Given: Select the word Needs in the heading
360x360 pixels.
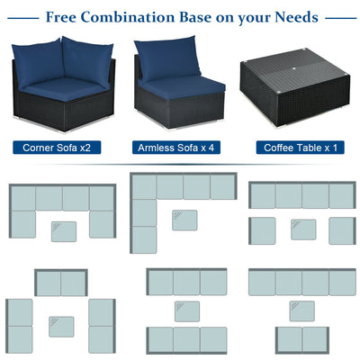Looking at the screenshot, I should pos(292,16).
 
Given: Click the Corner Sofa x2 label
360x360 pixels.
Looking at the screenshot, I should pos(64,147).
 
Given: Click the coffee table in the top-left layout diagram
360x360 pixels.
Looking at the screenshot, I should pos(64,231).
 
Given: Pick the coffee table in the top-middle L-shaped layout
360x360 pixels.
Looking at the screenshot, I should pos(184,220).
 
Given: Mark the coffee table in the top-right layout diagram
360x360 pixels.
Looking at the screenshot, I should pos(303,229).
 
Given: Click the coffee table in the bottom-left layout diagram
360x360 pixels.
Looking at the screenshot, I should pos(61,325).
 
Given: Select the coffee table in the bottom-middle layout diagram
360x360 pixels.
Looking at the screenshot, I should pos(187,311).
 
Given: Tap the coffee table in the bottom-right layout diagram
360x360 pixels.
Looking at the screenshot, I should pos(302,310).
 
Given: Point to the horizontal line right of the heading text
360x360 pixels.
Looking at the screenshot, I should pos(338,16).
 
